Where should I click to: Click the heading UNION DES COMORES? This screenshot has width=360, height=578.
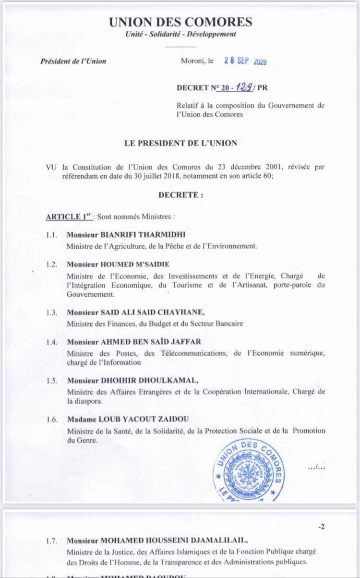click(x=180, y=22)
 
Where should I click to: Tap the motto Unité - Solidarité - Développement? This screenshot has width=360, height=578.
click(x=180, y=35)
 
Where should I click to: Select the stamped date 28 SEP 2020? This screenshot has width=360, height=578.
click(x=245, y=61)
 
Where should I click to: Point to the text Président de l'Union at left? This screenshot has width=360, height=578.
click(x=73, y=61)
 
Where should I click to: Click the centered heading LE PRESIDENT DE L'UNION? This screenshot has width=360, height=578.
click(x=180, y=143)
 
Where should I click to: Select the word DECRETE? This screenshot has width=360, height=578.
click(x=180, y=195)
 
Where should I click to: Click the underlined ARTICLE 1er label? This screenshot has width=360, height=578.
click(x=69, y=217)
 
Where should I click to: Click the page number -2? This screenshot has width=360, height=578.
click(x=321, y=527)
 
